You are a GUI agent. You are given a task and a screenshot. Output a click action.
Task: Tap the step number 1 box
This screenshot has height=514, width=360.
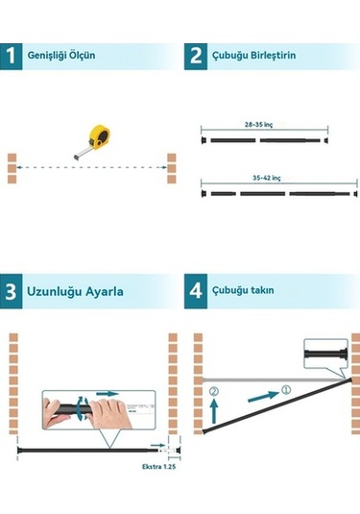pyautogui.click(x=14, y=57)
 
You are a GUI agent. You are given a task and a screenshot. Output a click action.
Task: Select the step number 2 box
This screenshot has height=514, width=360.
pyautogui.click(x=197, y=57)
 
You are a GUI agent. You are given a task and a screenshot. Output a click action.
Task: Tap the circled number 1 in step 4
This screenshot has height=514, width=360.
pyautogui.click(x=285, y=391)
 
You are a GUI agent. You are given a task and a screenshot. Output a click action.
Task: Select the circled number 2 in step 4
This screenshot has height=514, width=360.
pyautogui.click(x=214, y=391)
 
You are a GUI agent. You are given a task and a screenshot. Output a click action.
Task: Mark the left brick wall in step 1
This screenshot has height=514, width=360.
pyautogui.click(x=12, y=167)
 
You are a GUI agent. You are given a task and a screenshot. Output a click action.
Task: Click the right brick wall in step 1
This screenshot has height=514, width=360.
pyautogui.click(x=172, y=167)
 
